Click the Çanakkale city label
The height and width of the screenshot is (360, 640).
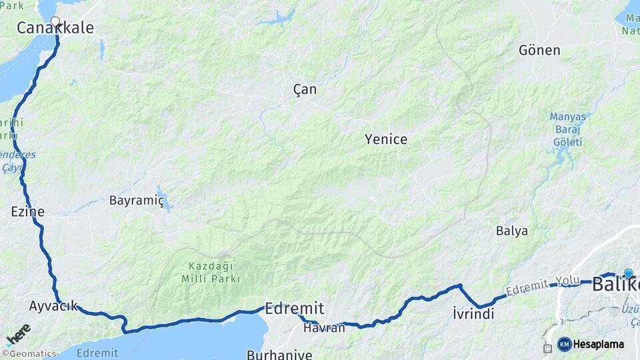click(55, 29)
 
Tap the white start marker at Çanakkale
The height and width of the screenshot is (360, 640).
click(55, 21)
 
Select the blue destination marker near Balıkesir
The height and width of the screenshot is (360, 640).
click(628, 273)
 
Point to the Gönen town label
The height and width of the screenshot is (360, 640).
click(539, 50)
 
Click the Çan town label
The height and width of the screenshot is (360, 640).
click(305, 89)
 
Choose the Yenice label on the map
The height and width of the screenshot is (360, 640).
click(385, 139)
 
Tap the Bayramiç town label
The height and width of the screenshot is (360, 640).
click(136, 200)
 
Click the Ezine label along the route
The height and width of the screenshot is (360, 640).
click(27, 212)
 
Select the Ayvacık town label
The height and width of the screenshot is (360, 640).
click(53, 306)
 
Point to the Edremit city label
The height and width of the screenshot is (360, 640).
click(295, 309)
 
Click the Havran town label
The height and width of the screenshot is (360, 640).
click(324, 327)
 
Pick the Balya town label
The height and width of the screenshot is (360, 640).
click(512, 231)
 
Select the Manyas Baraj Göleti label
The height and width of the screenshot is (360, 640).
click(568, 129)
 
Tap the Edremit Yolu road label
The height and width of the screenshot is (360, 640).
click(543, 285)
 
